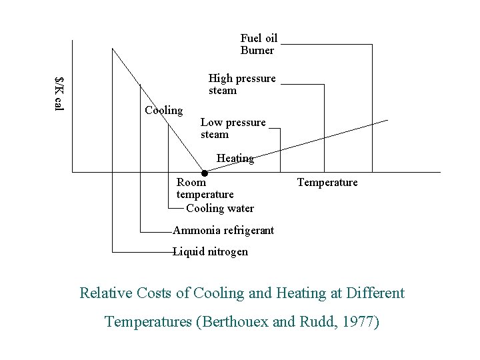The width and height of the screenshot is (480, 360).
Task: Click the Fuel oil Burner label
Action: tap(259, 45)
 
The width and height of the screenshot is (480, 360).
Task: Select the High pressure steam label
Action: tap(241, 85)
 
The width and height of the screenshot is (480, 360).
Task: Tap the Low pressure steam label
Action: tap(233, 129)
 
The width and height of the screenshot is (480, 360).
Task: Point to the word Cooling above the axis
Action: tap(163, 110)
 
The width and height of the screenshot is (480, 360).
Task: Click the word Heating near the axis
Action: tap(235, 159)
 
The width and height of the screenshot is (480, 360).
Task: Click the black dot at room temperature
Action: tap(205, 173)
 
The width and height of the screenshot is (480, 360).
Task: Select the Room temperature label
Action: tap(205, 188)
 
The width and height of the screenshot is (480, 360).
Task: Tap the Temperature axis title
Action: tap(327, 183)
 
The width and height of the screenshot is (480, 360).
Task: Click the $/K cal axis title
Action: tap(59, 94)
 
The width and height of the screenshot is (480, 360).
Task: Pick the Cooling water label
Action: tap(220, 208)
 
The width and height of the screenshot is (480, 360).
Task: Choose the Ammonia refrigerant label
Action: tap(223, 231)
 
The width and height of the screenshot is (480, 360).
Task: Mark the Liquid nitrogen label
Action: tap(211, 252)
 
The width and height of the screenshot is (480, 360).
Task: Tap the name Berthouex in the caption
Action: tap(236, 322)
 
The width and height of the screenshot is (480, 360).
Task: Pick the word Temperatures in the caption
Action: tap(148, 322)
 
